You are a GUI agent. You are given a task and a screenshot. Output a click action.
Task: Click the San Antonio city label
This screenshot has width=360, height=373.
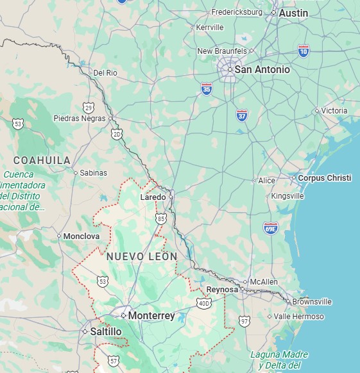(262, 69)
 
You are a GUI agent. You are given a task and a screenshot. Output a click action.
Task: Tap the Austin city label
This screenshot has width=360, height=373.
(293, 13)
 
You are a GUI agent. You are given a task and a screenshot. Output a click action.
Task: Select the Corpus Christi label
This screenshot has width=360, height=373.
(325, 178)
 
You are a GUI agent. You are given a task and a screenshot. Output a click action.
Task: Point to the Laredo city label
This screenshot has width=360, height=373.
(153, 197)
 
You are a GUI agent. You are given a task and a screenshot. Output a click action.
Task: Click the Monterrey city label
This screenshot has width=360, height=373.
(151, 316)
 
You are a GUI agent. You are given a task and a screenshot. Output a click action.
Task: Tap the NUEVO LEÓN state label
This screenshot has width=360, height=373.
(142, 256)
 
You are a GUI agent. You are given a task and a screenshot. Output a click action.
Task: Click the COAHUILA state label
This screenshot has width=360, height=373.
(42, 160)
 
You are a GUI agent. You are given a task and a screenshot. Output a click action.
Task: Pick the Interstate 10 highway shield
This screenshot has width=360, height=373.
(304, 49)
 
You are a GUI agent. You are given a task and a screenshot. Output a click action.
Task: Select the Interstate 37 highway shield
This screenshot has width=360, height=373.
(241, 116)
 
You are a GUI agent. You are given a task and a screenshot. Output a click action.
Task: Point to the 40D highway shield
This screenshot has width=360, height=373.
(204, 303)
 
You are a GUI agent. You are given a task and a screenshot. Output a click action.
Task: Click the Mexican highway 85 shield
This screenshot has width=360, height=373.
(160, 219)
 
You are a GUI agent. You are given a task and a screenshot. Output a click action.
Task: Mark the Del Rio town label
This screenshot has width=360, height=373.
(105, 73)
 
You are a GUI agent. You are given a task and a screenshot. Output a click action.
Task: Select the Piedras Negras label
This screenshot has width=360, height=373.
(79, 119)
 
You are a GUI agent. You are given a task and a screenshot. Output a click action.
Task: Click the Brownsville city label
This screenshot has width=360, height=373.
(312, 302)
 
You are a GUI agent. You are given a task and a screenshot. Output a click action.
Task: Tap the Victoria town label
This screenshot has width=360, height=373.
(334, 111)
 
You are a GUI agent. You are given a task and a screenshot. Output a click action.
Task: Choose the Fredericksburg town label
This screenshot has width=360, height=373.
(237, 12)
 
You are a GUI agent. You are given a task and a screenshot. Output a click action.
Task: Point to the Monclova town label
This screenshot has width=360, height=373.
(81, 236)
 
